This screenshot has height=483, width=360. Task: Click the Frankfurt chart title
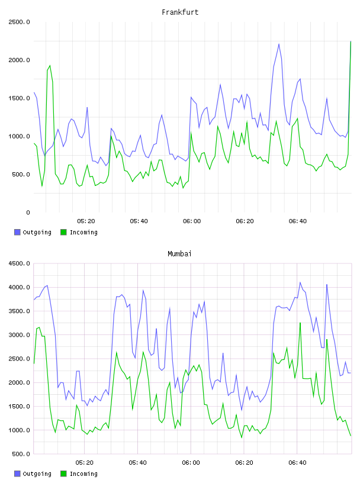(180, 12)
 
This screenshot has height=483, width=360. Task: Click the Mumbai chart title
(179, 254)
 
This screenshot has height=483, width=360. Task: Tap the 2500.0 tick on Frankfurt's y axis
(19, 22)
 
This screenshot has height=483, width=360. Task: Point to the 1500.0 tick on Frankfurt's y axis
(19, 98)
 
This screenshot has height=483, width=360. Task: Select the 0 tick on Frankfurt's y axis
(28, 212)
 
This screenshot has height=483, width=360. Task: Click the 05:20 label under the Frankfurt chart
(86, 221)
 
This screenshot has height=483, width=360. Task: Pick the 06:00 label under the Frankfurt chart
(192, 221)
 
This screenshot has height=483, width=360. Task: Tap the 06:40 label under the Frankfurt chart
(298, 221)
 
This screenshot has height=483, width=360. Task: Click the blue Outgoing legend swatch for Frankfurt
(17, 232)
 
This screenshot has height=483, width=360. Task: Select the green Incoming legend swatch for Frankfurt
(63, 232)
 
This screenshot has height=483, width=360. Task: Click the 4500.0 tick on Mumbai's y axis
(19, 263)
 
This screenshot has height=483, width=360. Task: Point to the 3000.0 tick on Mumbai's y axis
(19, 335)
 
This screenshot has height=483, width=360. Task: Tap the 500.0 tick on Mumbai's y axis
(19, 454)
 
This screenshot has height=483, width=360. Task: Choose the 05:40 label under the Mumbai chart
(138, 462)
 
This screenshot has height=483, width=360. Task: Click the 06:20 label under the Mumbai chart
(245, 462)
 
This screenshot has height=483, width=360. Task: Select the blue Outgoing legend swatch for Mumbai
(17, 474)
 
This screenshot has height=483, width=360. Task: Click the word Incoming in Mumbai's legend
(83, 474)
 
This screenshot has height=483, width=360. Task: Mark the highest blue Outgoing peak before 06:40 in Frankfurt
(279, 44)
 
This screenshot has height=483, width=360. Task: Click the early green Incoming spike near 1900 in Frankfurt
(50, 66)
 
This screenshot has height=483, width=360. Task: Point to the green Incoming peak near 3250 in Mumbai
(300, 323)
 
